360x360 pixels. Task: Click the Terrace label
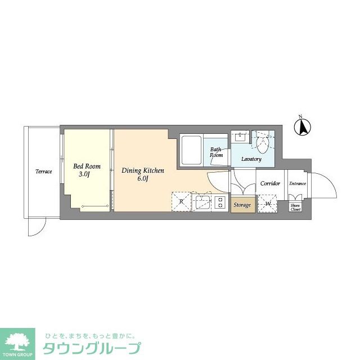[x=44, y=172]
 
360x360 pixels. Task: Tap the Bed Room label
[x=87, y=166]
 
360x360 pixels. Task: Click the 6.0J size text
[x=143, y=179]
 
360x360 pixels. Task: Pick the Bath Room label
[x=217, y=152]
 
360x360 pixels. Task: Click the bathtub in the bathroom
[x=191, y=150]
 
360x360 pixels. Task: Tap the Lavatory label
[x=251, y=159]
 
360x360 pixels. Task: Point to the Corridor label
[x=270, y=183]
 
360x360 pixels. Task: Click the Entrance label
[x=298, y=183]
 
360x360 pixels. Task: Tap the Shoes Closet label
[x=295, y=207]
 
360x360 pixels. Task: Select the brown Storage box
[x=242, y=205]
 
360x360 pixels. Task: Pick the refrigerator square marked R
[x=181, y=201]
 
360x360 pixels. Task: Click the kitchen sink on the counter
[x=201, y=202]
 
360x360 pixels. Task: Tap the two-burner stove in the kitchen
[x=219, y=202]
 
